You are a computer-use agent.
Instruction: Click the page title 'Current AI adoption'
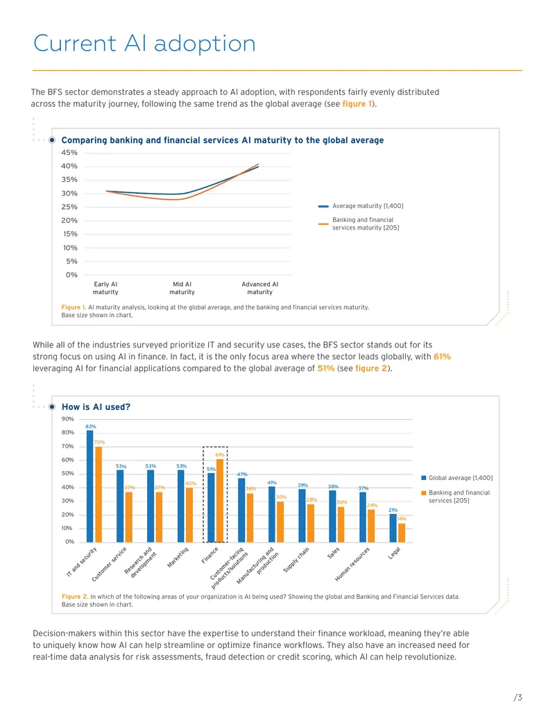[x=144, y=44]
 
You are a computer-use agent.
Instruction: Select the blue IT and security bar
[x=89, y=486]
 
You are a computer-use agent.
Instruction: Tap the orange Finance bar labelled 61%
[x=220, y=501]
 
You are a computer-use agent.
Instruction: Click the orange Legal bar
[x=402, y=533]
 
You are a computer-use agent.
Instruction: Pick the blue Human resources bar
[x=363, y=518]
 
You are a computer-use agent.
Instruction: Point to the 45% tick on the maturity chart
[x=69, y=153]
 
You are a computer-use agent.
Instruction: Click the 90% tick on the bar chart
[x=68, y=419]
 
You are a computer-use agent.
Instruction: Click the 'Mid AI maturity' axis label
[x=182, y=288]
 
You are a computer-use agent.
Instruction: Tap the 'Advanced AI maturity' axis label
[x=259, y=288]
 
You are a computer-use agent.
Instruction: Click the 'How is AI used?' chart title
[x=96, y=407]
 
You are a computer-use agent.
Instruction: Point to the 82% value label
[x=91, y=427]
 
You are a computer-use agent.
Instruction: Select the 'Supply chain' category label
[x=296, y=560]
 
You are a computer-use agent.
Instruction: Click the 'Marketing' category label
[x=178, y=557]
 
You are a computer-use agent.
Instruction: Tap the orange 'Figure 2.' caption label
[x=75, y=597]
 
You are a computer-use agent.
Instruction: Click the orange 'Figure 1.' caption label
[x=74, y=307]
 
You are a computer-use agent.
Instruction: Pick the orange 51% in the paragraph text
[x=326, y=368]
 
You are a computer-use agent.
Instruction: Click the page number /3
[x=518, y=697]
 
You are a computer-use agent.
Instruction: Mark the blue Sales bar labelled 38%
[x=332, y=517]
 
